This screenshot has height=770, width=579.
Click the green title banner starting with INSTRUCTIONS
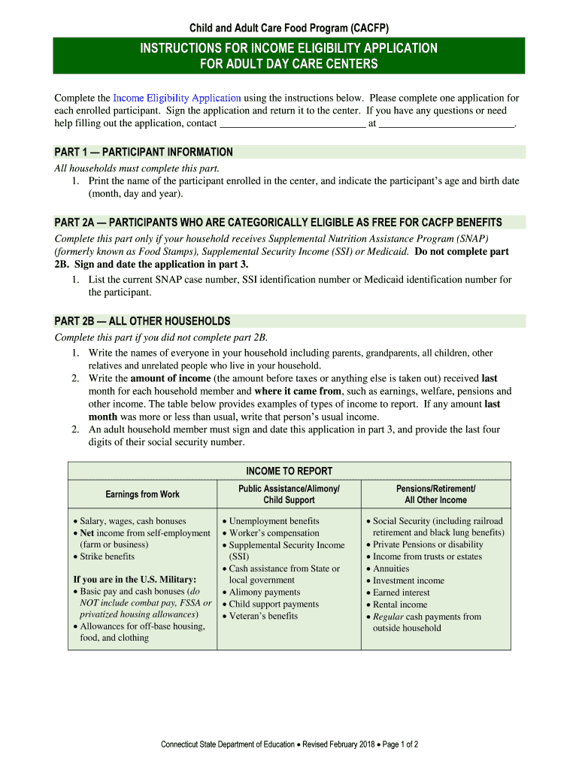(289, 56)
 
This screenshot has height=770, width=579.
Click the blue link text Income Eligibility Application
(177, 99)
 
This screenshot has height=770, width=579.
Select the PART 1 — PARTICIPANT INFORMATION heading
(144, 152)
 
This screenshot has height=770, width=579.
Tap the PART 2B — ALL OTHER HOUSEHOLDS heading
(142, 321)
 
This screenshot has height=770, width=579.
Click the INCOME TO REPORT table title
(289, 471)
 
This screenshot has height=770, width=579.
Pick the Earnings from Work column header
(143, 494)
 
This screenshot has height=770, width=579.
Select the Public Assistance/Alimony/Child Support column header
(289, 494)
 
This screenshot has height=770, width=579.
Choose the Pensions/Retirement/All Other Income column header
(435, 494)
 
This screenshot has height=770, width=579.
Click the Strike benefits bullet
(108, 556)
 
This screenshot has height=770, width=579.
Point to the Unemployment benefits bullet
(274, 521)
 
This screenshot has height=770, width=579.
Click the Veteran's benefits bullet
(263, 616)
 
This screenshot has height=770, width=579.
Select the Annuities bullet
(391, 568)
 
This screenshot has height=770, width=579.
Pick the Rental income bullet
(400, 605)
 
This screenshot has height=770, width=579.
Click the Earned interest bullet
(402, 593)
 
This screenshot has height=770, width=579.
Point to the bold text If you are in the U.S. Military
(135, 579)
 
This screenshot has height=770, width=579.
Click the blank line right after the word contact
(292, 123)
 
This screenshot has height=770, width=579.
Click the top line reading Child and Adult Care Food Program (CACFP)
(289, 28)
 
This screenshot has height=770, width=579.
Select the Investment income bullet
(408, 581)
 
